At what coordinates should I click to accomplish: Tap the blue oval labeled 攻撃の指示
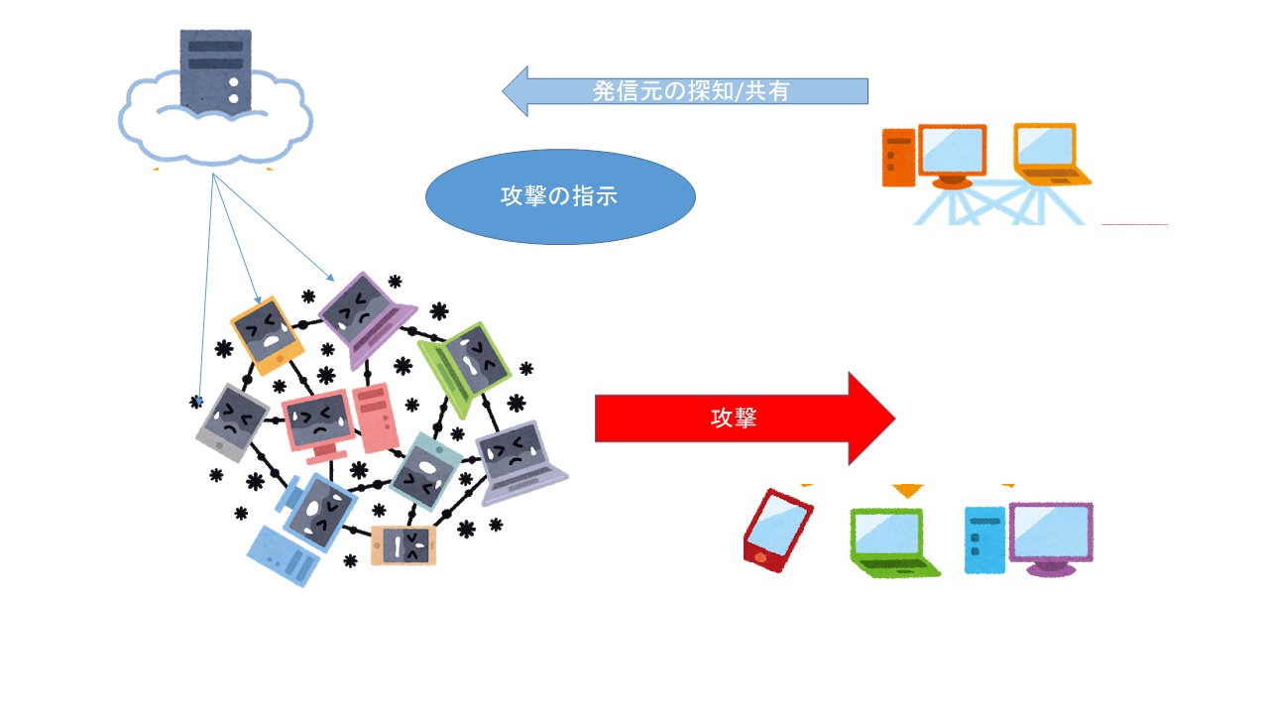click(560, 196)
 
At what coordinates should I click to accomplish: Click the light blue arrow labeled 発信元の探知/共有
click(684, 91)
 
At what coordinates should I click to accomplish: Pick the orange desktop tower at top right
click(897, 157)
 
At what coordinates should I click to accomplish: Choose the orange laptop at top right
click(1049, 155)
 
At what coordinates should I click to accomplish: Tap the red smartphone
click(777, 528)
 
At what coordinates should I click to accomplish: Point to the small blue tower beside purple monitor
click(984, 539)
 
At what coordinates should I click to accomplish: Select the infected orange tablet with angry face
click(266, 333)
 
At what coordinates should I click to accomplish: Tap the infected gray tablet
click(231, 421)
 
